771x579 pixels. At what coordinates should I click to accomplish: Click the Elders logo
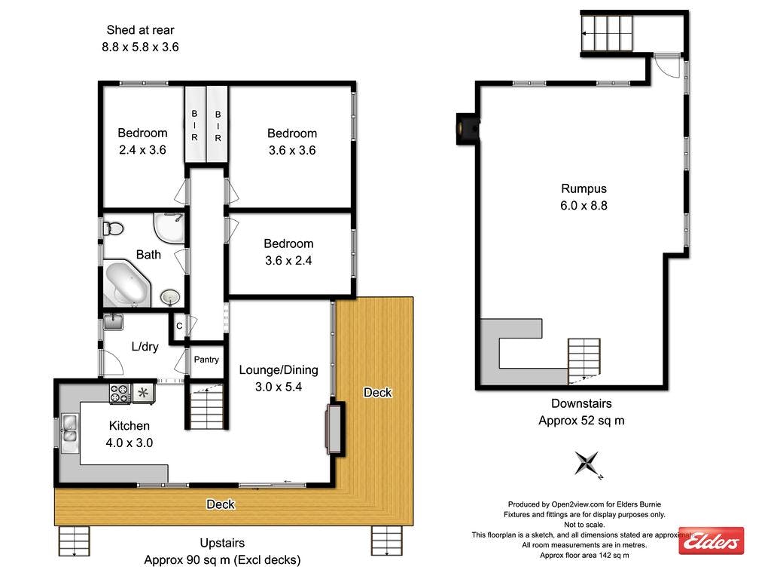click(x=711, y=541)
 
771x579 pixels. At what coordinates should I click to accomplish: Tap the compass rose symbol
click(x=587, y=463)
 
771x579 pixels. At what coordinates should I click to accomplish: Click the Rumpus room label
click(x=584, y=189)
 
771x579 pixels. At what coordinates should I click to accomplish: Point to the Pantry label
click(x=206, y=360)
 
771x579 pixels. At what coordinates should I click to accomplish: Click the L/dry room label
click(x=145, y=347)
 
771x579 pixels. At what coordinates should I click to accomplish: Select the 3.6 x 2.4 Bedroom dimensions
click(x=288, y=261)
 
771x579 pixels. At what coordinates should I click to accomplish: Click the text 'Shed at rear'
click(x=140, y=30)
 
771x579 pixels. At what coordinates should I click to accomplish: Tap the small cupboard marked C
click(x=178, y=326)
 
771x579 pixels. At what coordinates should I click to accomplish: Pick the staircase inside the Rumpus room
click(x=584, y=358)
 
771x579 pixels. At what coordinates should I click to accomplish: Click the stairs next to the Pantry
click(x=206, y=407)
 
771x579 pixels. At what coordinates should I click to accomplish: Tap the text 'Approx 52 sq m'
click(x=581, y=421)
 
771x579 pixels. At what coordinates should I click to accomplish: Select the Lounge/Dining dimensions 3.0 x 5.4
click(x=279, y=387)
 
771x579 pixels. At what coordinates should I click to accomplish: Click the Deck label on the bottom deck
click(x=221, y=504)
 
